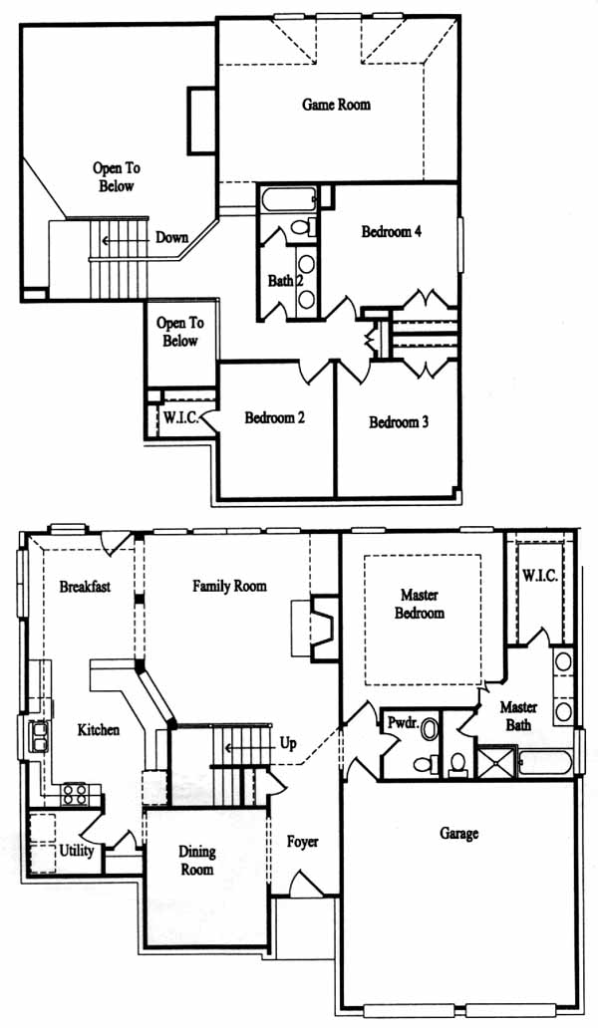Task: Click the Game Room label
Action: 336,105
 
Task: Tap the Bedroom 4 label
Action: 392,231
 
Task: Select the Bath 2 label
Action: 285,281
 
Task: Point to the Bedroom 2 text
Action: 275,417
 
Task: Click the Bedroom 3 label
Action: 399,422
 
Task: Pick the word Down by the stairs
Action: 171,237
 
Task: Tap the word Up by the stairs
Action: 288,743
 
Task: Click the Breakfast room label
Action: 86,586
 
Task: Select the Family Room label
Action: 229,586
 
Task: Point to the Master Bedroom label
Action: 420,604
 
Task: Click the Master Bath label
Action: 518,716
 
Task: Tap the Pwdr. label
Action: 400,723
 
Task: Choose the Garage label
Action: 459,834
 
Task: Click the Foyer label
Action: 302,842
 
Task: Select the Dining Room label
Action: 197,861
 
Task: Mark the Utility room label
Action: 77,851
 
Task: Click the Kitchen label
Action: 99,730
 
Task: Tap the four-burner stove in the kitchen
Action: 74,795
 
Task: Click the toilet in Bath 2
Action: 302,227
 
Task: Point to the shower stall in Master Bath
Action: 496,763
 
